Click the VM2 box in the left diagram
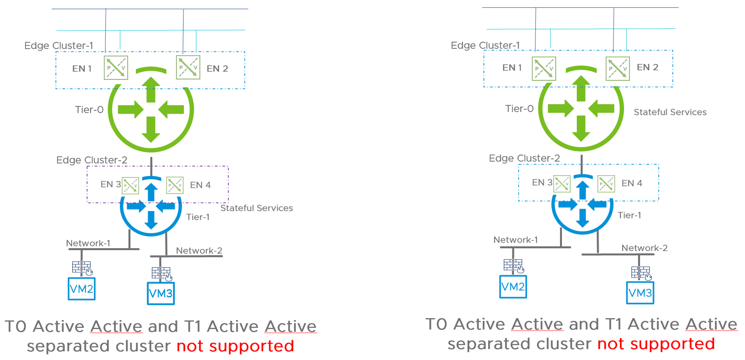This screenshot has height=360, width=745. pos(82,289)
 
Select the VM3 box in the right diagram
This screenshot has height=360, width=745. pos(640,293)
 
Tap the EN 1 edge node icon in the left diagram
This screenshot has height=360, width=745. pos(116,68)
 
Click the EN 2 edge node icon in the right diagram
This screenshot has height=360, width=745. pos(617,69)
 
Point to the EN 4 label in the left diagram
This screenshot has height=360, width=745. pos(200,185)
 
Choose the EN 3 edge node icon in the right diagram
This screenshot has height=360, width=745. pos(562,184)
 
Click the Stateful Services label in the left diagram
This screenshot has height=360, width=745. pos(256,208)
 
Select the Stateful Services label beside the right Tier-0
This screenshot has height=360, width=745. pos(670,112)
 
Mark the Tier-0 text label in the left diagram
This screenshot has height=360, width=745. pos(89,110)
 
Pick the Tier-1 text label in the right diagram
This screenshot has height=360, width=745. pos(629,215)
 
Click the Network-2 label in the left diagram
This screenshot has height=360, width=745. pos(199,250)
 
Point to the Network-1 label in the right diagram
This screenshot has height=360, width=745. pos(515,240)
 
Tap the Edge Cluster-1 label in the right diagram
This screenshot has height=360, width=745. pos(485,45)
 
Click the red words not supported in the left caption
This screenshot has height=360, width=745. pos(235,346)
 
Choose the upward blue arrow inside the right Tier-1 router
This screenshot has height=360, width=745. pos(582,190)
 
